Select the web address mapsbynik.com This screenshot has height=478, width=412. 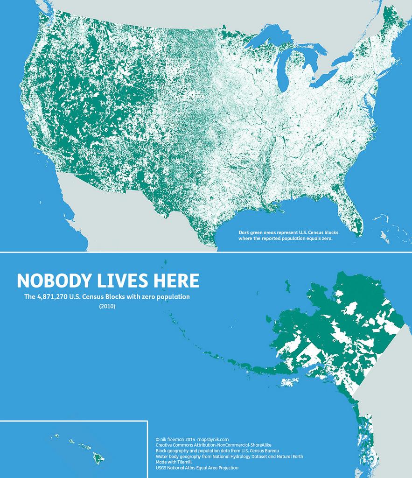click(x=213, y=439)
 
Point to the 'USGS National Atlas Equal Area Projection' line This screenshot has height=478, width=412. click(x=196, y=467)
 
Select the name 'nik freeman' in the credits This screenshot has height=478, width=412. click(x=171, y=439)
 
